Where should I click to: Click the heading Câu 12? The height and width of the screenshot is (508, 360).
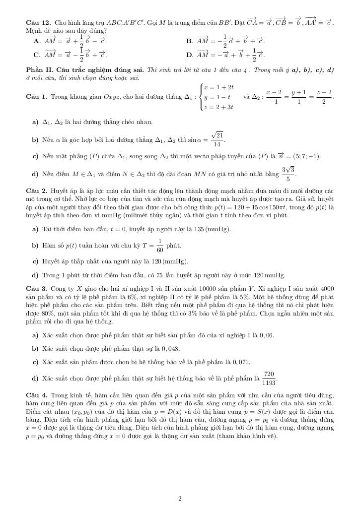pyautogui.click(x=37, y=23)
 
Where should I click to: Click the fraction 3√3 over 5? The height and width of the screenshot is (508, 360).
pyautogui.click(x=288, y=174)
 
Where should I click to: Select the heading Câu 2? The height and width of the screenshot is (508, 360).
pyautogui.click(x=36, y=190)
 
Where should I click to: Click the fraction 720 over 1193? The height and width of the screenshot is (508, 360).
pyautogui.click(x=269, y=379)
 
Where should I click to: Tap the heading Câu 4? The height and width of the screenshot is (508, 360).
pyautogui.click(x=36, y=395)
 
